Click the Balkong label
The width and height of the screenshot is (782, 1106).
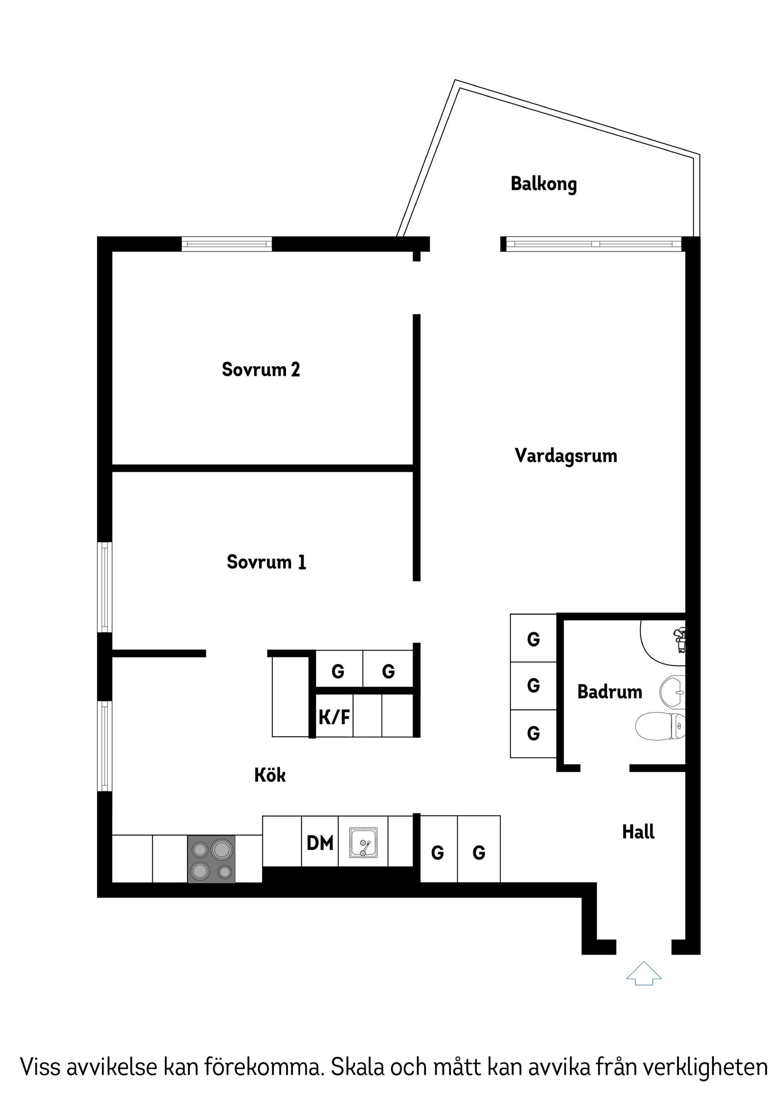point(543,184)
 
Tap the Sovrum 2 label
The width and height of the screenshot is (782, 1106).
point(261,369)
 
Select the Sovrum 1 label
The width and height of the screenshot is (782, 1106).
point(266,562)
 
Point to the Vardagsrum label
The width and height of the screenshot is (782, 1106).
point(566,456)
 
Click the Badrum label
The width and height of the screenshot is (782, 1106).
point(609,692)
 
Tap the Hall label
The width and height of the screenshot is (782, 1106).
point(638,832)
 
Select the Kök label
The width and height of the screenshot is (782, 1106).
point(270,775)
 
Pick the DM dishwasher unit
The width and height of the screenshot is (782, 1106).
point(320,843)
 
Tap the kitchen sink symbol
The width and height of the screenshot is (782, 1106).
point(363,843)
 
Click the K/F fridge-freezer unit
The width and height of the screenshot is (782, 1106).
point(334,717)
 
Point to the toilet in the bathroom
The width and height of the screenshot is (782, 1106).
point(661,725)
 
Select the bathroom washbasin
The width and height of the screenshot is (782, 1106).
point(672,692)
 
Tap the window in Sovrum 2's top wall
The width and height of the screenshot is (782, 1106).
point(226,244)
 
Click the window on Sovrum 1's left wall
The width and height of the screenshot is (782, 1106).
point(105,587)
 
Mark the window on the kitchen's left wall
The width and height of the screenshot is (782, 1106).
point(105,746)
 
